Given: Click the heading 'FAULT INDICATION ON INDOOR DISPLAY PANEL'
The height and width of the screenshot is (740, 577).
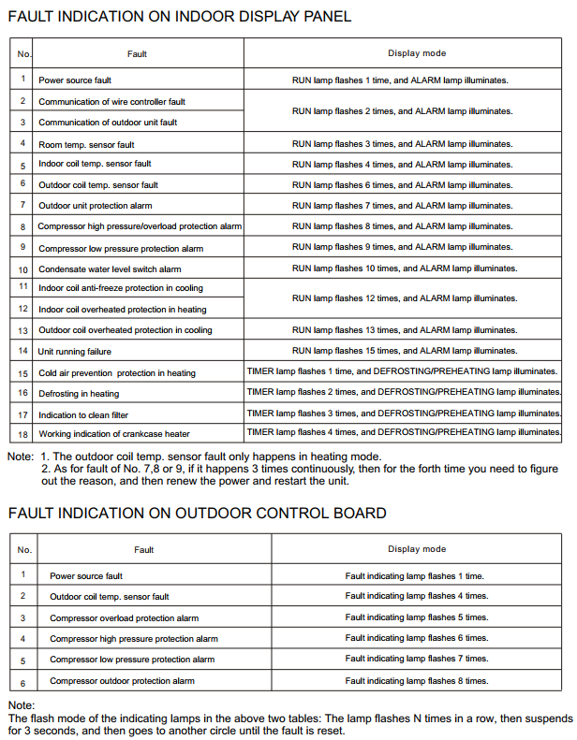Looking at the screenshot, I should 179,16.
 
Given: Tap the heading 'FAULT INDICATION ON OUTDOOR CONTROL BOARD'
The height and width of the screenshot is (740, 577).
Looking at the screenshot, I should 197,513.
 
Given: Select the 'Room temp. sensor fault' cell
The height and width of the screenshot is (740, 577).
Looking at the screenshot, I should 86,145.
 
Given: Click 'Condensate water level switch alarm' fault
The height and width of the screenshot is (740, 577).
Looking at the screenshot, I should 110,269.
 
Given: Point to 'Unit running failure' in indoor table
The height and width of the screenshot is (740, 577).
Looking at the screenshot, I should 75,352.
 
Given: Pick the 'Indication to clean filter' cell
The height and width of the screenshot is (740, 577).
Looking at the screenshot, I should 83,414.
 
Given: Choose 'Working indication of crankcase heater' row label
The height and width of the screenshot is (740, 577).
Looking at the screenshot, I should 114,434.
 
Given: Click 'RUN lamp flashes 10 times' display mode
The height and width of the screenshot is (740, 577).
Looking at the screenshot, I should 404,268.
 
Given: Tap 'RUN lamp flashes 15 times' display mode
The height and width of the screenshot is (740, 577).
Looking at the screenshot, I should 404,351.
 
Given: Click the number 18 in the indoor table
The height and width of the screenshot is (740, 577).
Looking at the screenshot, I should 22,434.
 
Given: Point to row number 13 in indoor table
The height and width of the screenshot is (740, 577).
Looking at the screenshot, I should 22,330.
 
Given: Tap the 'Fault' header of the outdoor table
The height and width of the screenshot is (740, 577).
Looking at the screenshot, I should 144,550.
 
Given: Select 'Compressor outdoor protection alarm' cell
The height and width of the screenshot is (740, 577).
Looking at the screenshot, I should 122,681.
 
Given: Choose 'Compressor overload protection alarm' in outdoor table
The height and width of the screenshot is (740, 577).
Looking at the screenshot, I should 124,618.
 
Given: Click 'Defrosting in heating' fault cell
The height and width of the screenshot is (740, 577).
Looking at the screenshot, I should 79,394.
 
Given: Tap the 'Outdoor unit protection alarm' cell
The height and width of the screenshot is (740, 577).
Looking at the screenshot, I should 96,206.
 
